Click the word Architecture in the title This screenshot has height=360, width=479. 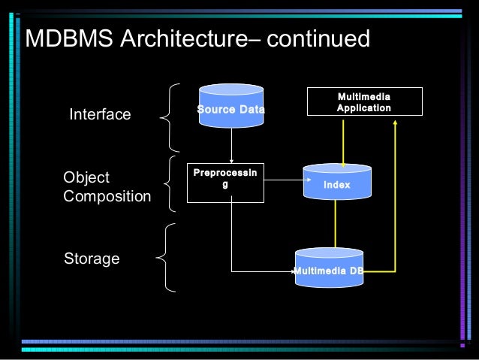178,39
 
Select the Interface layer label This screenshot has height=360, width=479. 100,115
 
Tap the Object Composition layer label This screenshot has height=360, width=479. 107,187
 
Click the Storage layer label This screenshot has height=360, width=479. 92,259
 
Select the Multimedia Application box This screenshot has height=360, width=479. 364,102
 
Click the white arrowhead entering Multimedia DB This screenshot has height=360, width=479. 293,271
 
